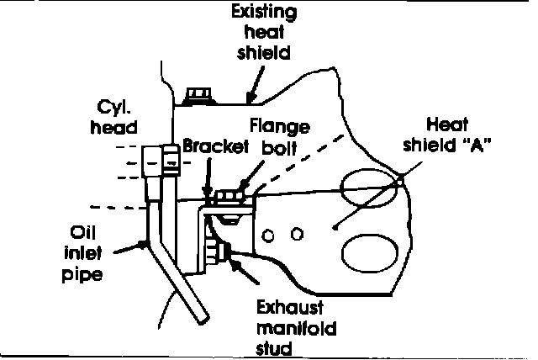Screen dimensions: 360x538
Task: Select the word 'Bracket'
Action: [x=215, y=146]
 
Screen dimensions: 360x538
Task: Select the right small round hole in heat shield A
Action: [x=296, y=231]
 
